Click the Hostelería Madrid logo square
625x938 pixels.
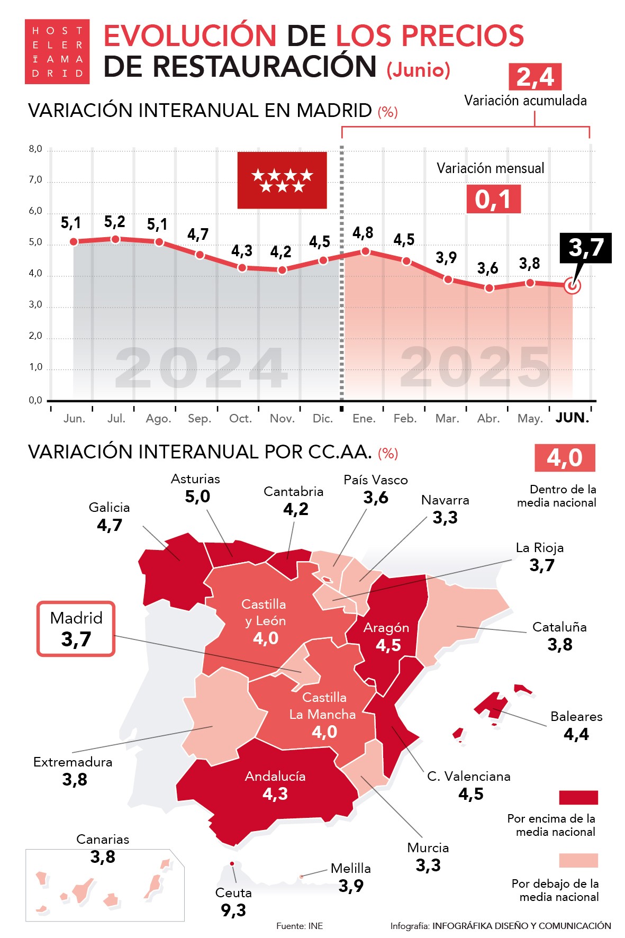point(57,52)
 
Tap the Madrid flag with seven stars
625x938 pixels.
point(282,180)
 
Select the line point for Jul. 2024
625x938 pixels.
point(115,239)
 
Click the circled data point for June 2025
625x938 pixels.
point(572,286)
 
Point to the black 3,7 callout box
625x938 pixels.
point(586,248)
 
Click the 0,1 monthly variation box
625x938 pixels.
point(493,199)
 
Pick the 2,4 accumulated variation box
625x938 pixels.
point(535,77)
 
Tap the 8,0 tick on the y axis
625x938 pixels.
point(35,149)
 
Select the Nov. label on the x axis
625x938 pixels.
point(282,419)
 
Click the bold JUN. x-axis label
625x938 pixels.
point(572,418)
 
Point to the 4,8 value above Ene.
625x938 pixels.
point(363,233)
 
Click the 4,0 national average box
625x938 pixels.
point(564,458)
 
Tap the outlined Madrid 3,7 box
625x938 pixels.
point(76,629)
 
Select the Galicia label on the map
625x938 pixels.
point(109,508)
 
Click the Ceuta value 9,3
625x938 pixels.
point(233,910)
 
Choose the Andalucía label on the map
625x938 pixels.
point(275,777)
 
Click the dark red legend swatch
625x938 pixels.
point(578,797)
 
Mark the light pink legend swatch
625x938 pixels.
point(578,860)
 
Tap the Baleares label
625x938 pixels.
point(576,717)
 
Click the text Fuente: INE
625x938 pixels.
point(300,926)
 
